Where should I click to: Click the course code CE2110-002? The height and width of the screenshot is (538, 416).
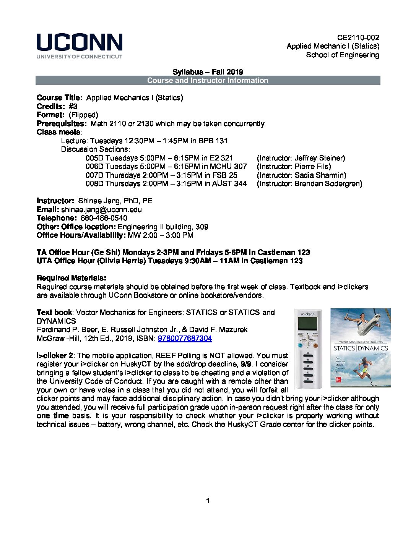point(358,37)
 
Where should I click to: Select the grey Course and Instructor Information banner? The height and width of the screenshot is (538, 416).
point(208,80)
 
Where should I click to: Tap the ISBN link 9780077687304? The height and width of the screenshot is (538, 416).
point(185,338)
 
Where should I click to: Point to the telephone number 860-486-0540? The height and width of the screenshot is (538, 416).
point(104,218)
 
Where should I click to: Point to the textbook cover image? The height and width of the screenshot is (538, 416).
point(360,347)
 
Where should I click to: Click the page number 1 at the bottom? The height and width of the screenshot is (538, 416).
point(208,501)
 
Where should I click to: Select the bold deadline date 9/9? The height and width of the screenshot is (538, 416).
point(245,364)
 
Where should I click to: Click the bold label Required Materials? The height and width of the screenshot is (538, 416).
point(71,278)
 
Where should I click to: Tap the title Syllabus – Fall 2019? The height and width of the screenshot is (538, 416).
point(208,72)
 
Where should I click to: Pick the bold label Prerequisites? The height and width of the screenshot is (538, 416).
point(62,123)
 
